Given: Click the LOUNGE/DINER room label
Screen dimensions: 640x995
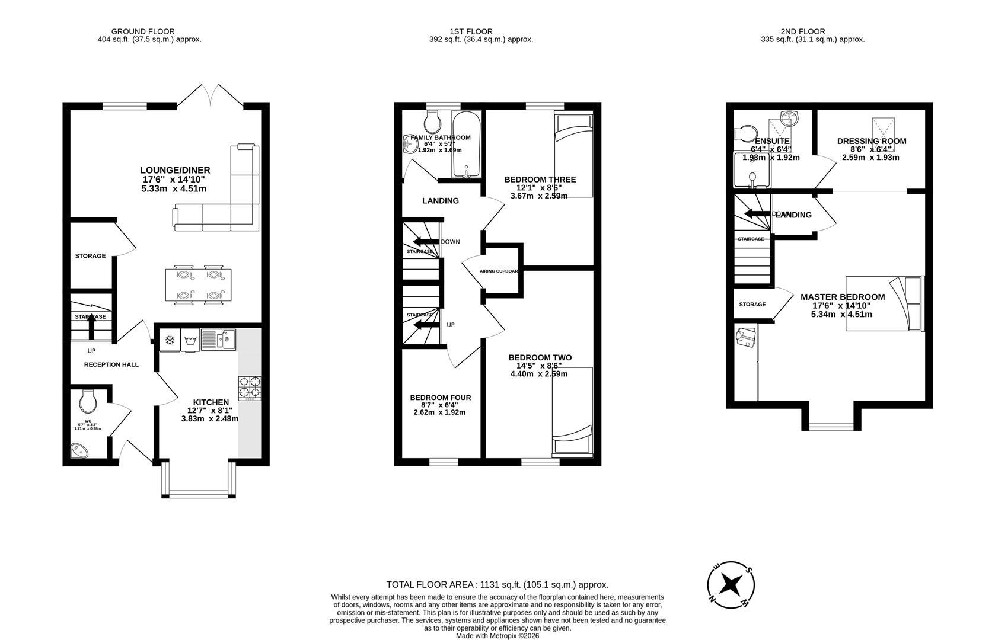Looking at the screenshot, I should tap(175, 170).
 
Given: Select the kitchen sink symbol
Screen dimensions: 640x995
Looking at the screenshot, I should tap(218, 340).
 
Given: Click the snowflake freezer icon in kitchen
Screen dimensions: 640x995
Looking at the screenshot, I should tap(170, 340).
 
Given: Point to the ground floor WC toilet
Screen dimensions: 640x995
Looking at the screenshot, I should tap(88, 402).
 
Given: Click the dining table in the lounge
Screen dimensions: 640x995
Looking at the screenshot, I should tap(199, 286).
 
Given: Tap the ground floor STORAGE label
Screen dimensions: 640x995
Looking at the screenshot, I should tap(90, 256).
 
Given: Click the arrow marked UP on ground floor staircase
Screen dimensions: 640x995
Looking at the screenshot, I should tap(91, 328).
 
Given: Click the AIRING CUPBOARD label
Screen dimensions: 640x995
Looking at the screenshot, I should tap(499, 271).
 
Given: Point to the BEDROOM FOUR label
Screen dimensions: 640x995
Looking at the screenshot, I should tap(440, 398).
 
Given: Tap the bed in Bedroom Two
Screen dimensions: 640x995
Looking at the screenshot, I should tap(572, 412).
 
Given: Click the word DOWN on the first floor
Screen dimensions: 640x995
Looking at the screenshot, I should tap(450, 242).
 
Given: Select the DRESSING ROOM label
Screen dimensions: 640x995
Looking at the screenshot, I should tap(871, 141).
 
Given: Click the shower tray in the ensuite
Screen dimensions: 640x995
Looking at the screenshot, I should tap(751, 169).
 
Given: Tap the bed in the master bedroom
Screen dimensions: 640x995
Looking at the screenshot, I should tap(885, 303).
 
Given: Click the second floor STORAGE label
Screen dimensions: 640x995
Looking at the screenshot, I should tap(752, 305).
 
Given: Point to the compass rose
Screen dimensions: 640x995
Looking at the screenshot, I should tap(732, 585).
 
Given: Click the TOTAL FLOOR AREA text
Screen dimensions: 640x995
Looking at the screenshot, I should tap(497, 584).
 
